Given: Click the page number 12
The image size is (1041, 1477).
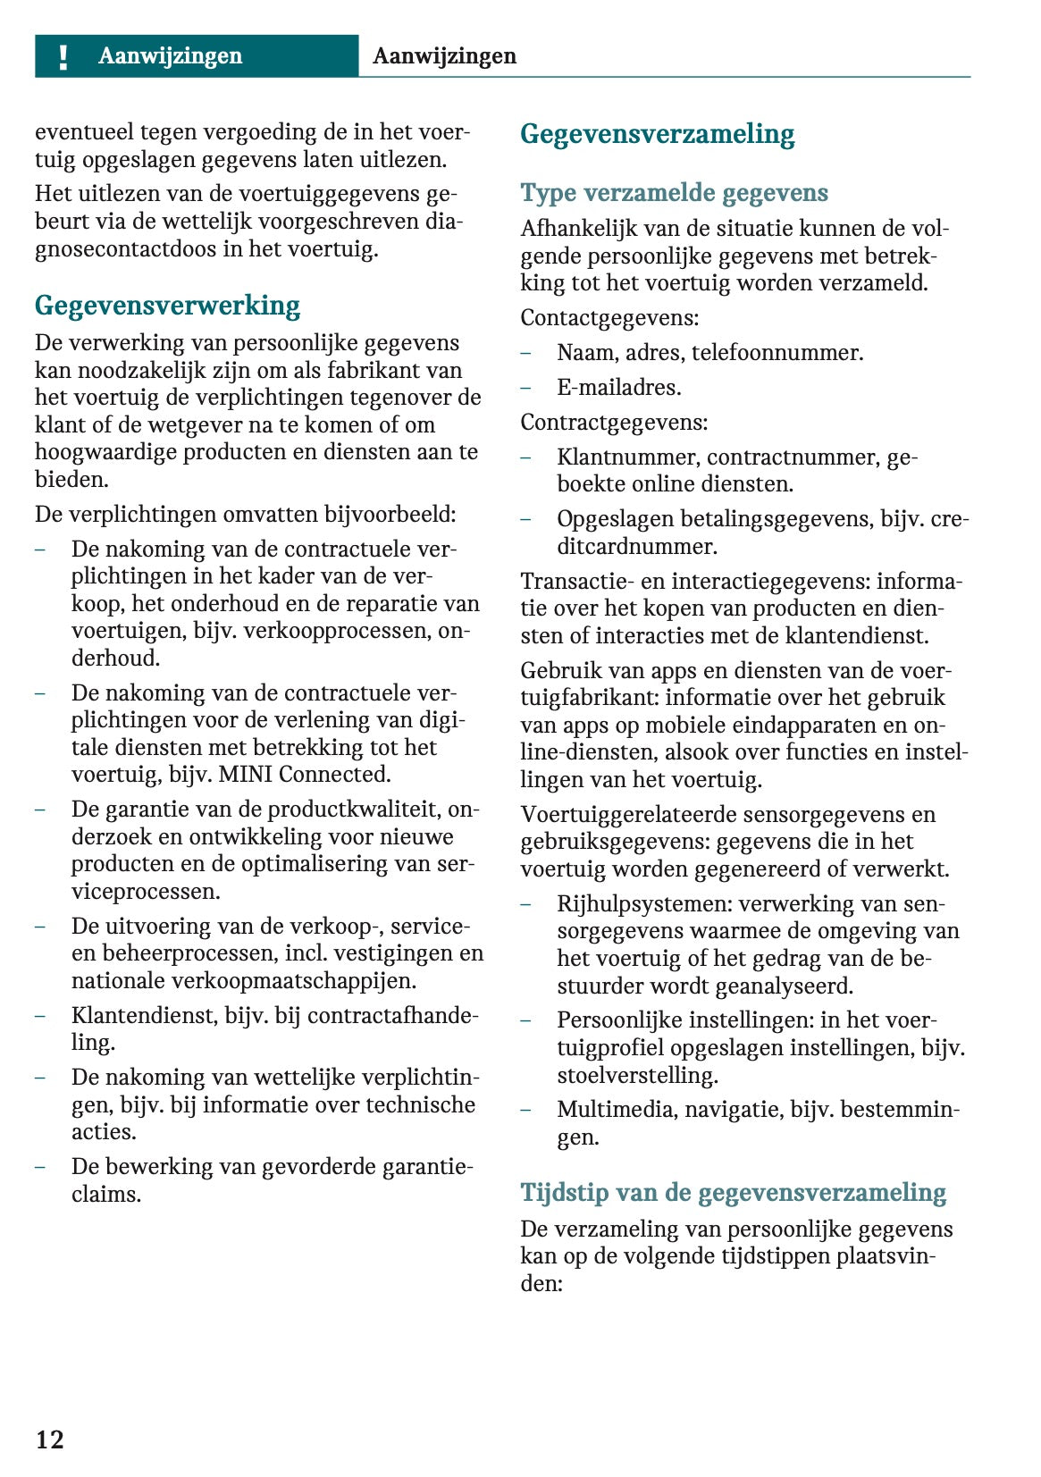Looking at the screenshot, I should pyautogui.click(x=50, y=1439).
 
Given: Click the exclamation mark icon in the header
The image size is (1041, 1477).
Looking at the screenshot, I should pyautogui.click(x=63, y=56).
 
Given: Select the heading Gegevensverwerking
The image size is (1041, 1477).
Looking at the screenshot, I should pyautogui.click(x=167, y=306).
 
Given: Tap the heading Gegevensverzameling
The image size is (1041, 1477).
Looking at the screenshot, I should pyautogui.click(x=657, y=134).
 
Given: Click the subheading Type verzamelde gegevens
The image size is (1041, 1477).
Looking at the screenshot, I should pyautogui.click(x=674, y=193).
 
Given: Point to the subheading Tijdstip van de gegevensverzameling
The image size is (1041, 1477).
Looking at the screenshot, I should pyautogui.click(x=733, y=1192).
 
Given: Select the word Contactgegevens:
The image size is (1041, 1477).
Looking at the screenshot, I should pyautogui.click(x=609, y=318).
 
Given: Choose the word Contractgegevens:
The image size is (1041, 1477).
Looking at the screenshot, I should pyautogui.click(x=614, y=423).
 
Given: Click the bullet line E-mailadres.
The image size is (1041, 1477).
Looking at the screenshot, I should pyautogui.click(x=618, y=388).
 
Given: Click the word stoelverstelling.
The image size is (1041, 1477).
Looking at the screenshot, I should pyautogui.click(x=637, y=1075).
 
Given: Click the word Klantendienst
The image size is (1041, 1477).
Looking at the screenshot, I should pyautogui.click(x=144, y=1016).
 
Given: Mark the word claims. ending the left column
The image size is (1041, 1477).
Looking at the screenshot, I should pyautogui.click(x=106, y=1195).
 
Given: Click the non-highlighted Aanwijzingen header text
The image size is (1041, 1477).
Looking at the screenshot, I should pyautogui.click(x=444, y=56).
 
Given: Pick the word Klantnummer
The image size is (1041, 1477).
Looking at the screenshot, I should pyautogui.click(x=628, y=457).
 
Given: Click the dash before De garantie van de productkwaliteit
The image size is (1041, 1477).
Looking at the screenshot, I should pyautogui.click(x=41, y=810).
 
